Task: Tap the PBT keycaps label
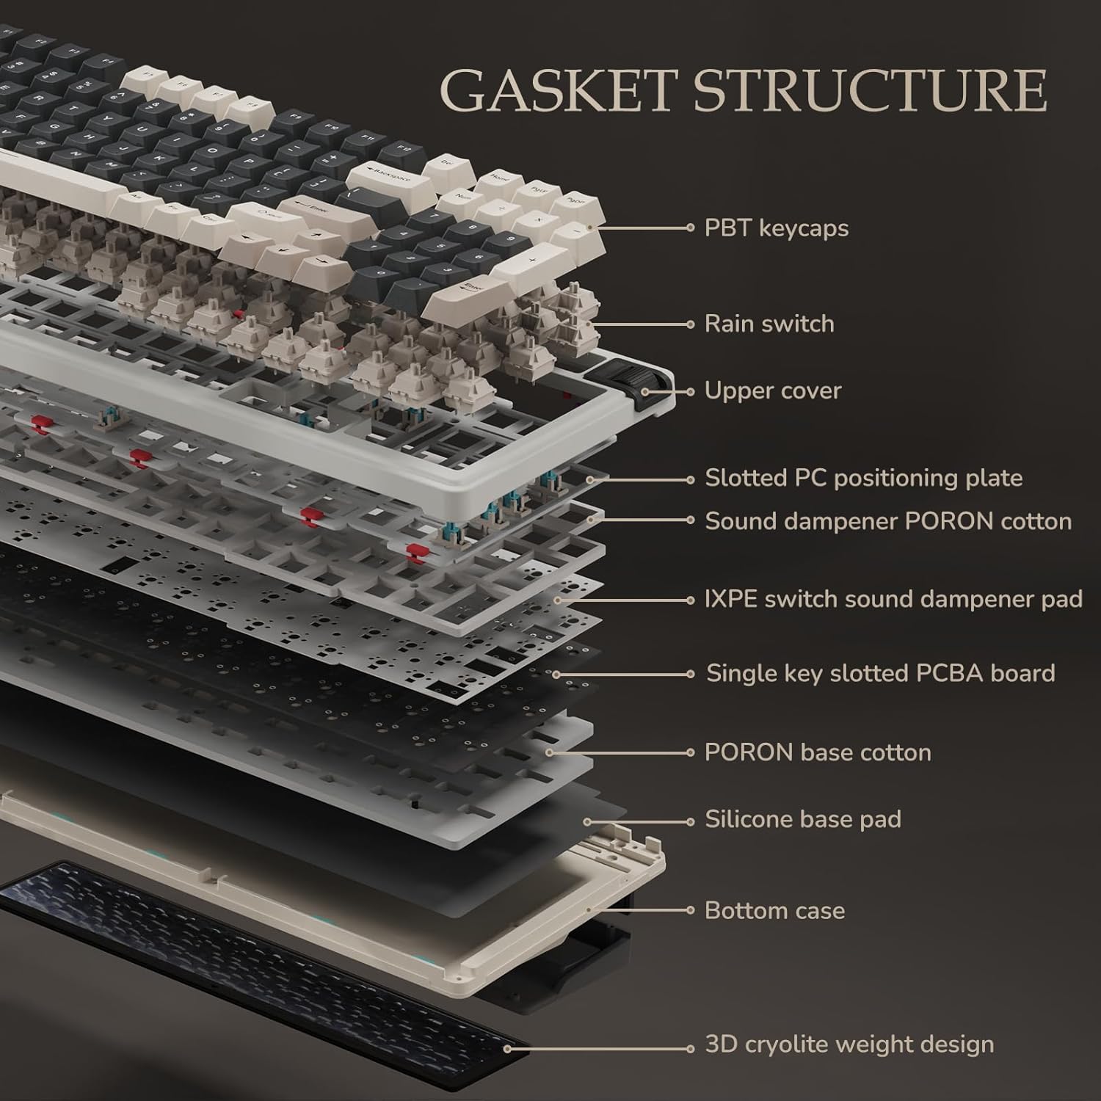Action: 776,228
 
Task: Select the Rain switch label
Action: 768,324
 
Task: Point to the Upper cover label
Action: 772,390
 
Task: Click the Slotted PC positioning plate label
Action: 863,479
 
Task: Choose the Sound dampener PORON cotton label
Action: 887,521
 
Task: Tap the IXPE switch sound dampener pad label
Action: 893,600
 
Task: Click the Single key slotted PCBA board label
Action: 880,673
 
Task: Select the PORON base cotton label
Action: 817,752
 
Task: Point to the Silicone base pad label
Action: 802,819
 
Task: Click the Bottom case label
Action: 774,911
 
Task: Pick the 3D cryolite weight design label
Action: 849,1044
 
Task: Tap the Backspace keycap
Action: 388,177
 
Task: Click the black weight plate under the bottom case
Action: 257,947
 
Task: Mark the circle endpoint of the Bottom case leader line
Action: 690,911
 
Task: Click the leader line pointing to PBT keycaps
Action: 646,228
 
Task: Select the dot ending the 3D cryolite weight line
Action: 690,1048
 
